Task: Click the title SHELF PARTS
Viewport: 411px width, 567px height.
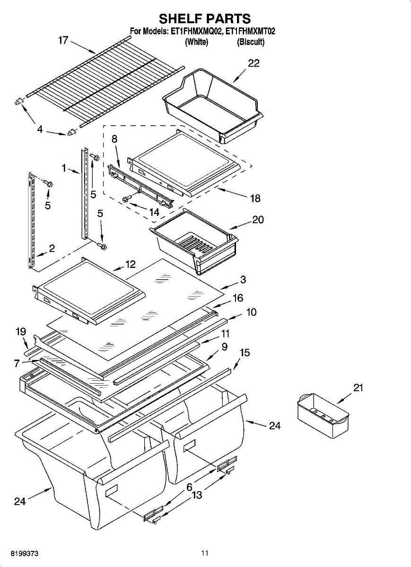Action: point(204,18)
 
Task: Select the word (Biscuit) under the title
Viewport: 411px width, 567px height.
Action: point(251,42)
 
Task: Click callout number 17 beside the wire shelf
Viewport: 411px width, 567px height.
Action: point(64,40)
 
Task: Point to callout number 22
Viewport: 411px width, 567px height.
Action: point(254,63)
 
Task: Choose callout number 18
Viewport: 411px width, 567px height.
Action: point(255,198)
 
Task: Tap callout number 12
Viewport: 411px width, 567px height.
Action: point(131,264)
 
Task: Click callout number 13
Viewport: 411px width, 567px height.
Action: point(197,495)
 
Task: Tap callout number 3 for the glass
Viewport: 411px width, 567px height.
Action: point(243,280)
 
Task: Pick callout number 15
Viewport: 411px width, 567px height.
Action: point(245,352)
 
